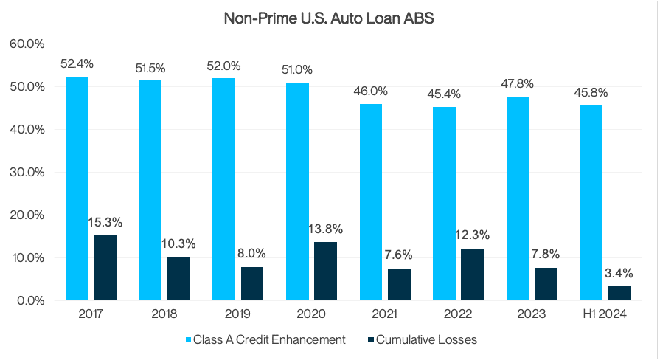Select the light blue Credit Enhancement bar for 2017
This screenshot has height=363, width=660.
coord(77,188)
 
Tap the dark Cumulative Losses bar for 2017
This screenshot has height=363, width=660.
coord(105,268)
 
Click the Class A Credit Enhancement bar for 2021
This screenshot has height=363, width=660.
coord(371,202)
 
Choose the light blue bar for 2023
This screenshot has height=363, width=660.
coord(518,198)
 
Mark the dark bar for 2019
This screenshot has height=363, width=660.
coord(252,283)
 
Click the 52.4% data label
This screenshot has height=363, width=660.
coord(77,63)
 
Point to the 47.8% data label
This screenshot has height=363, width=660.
coord(518,83)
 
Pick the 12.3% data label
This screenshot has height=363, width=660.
coord(473,235)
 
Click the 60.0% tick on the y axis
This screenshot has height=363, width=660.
coord(27,44)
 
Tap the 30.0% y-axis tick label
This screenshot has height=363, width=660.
coord(27,172)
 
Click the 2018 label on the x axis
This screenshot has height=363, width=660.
coord(164,314)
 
